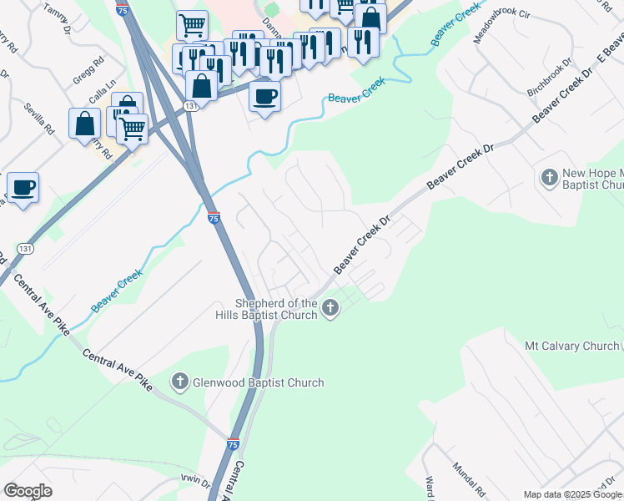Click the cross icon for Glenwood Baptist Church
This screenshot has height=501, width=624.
pyautogui.click(x=179, y=382)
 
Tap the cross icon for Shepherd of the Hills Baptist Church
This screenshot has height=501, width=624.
pyautogui.click(x=330, y=309)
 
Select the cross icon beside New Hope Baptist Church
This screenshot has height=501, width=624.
pyautogui.click(x=549, y=178)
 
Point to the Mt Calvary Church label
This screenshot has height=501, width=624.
pyautogui.click(x=571, y=346)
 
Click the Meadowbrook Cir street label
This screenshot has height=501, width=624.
pyautogui.click(x=501, y=27)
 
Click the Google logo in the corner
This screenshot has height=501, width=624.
pyautogui.click(x=28, y=491)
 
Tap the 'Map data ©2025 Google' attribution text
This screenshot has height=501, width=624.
pyautogui.click(x=572, y=494)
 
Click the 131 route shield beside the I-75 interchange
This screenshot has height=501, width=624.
pyautogui.click(x=192, y=106)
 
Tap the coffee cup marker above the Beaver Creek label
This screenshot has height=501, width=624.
pyautogui.click(x=264, y=96)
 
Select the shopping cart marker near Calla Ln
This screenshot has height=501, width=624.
pyautogui.click(x=132, y=129)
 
